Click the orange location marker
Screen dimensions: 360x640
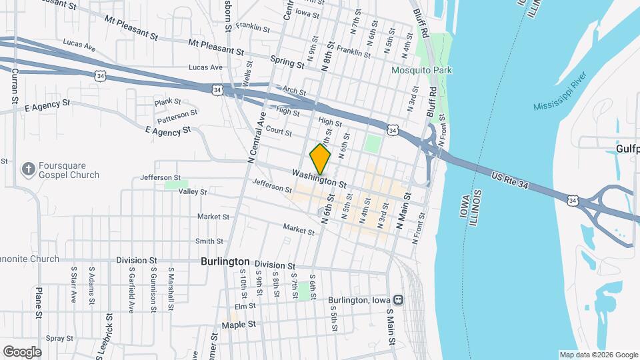320,159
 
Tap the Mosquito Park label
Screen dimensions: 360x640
421,70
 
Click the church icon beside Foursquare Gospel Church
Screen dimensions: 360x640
28,169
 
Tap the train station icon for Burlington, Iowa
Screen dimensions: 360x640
398,300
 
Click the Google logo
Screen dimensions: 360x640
22,351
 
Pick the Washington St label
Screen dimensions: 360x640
319,179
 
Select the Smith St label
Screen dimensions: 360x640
209,241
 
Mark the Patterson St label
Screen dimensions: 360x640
177,117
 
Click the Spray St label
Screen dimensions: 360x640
59,339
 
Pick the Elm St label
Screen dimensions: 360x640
245,307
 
